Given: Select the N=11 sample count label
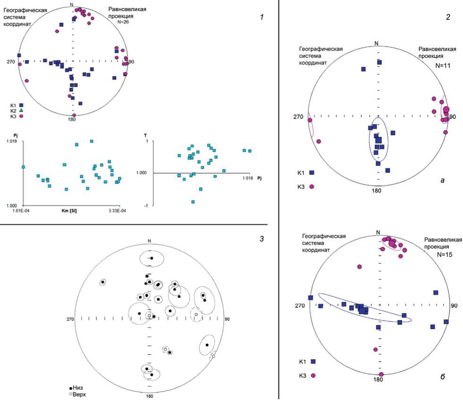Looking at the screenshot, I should (x=443, y=65).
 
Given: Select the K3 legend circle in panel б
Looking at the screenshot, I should (x=312, y=375).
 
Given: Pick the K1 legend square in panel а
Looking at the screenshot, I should (x=311, y=173).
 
